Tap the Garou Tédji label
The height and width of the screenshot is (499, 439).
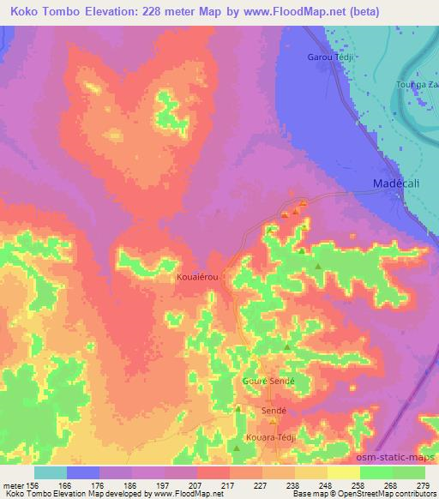[x=330, y=57]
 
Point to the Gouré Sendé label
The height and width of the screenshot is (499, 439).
[x=269, y=379]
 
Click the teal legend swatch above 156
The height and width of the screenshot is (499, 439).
[x=51, y=472]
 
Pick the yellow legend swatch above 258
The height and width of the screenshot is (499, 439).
[x=343, y=472]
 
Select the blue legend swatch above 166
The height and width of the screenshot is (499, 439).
[x=83, y=472]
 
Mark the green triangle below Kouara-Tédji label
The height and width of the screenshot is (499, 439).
[x=238, y=448]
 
